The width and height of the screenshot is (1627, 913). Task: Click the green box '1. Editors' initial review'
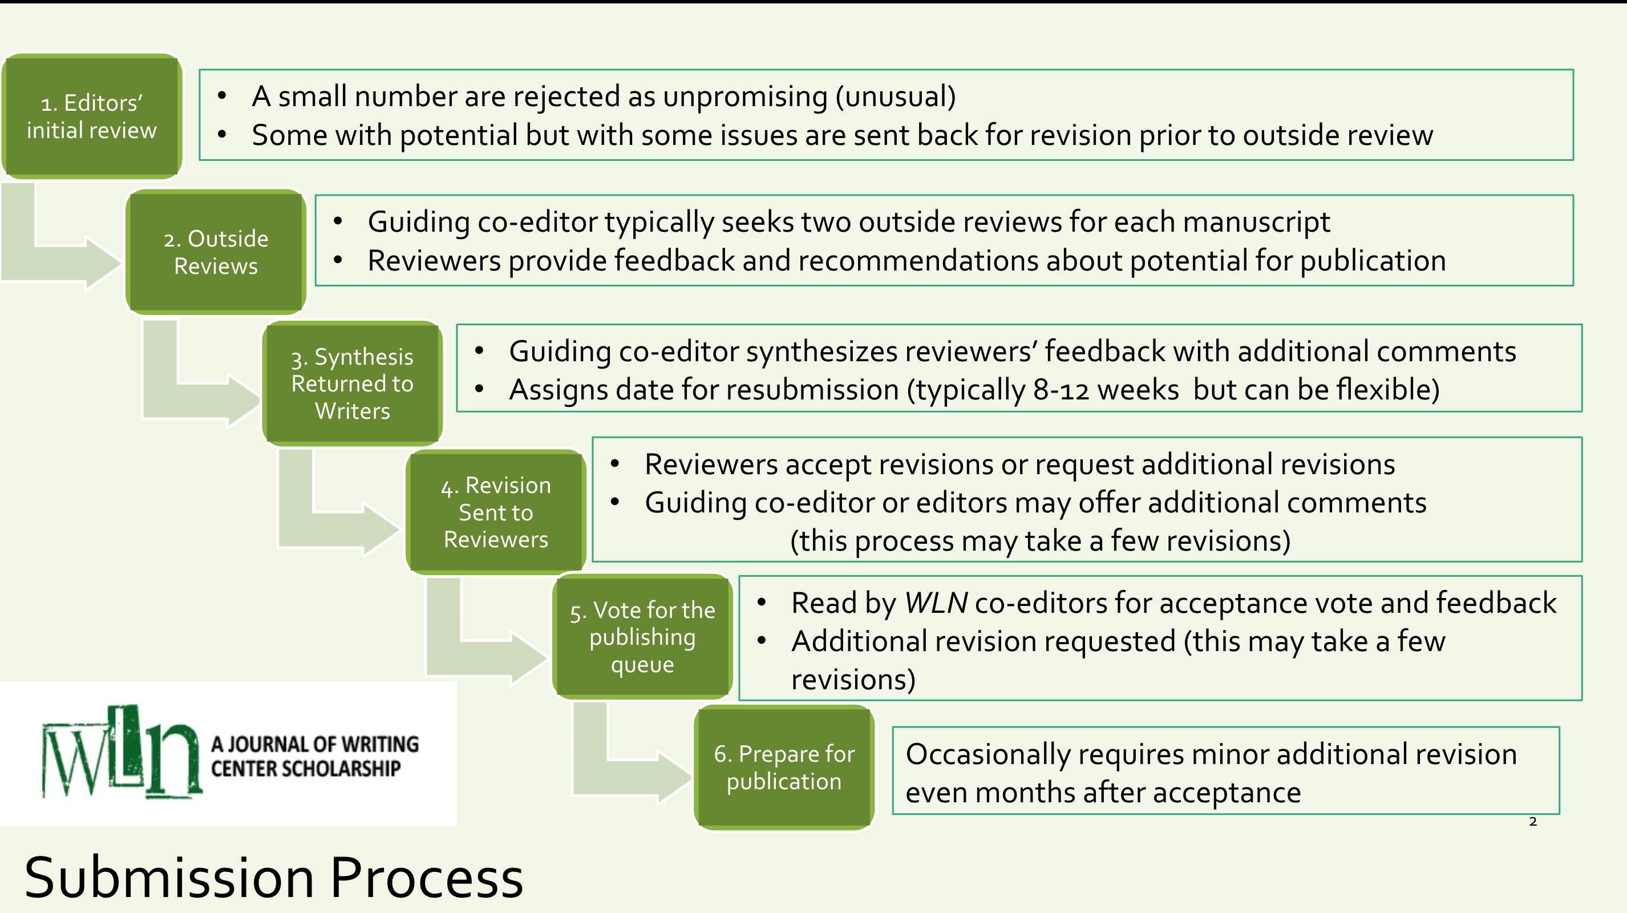click(92, 116)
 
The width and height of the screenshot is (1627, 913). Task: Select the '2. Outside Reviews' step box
click(216, 252)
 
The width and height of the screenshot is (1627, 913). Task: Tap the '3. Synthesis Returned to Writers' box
click(352, 383)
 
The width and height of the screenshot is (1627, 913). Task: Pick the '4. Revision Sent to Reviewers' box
click(496, 512)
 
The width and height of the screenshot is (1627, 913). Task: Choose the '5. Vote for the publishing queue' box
click(642, 637)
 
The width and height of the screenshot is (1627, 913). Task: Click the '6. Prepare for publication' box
click(784, 767)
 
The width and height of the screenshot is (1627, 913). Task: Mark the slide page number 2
click(1533, 821)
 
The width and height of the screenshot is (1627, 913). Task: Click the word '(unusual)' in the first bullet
click(895, 96)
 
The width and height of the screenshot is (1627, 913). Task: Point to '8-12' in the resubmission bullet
click(1061, 390)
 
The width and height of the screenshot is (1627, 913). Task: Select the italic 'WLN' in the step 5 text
click(936, 603)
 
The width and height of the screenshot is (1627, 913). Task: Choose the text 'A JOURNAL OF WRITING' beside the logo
click(314, 744)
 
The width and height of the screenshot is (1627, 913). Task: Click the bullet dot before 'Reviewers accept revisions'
click(614, 464)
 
